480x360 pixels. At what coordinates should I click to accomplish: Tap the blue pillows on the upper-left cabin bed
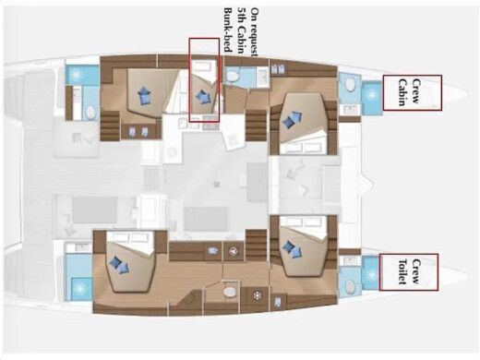[x=143, y=94]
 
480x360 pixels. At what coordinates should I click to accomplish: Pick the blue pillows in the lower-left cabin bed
[x=119, y=264]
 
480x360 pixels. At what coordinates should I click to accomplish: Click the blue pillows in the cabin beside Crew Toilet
[x=291, y=247]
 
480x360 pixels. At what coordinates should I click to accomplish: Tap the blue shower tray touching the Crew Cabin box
[x=370, y=96]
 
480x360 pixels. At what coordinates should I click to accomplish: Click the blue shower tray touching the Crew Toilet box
[x=370, y=273]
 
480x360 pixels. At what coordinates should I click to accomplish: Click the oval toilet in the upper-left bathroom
[x=90, y=112]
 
